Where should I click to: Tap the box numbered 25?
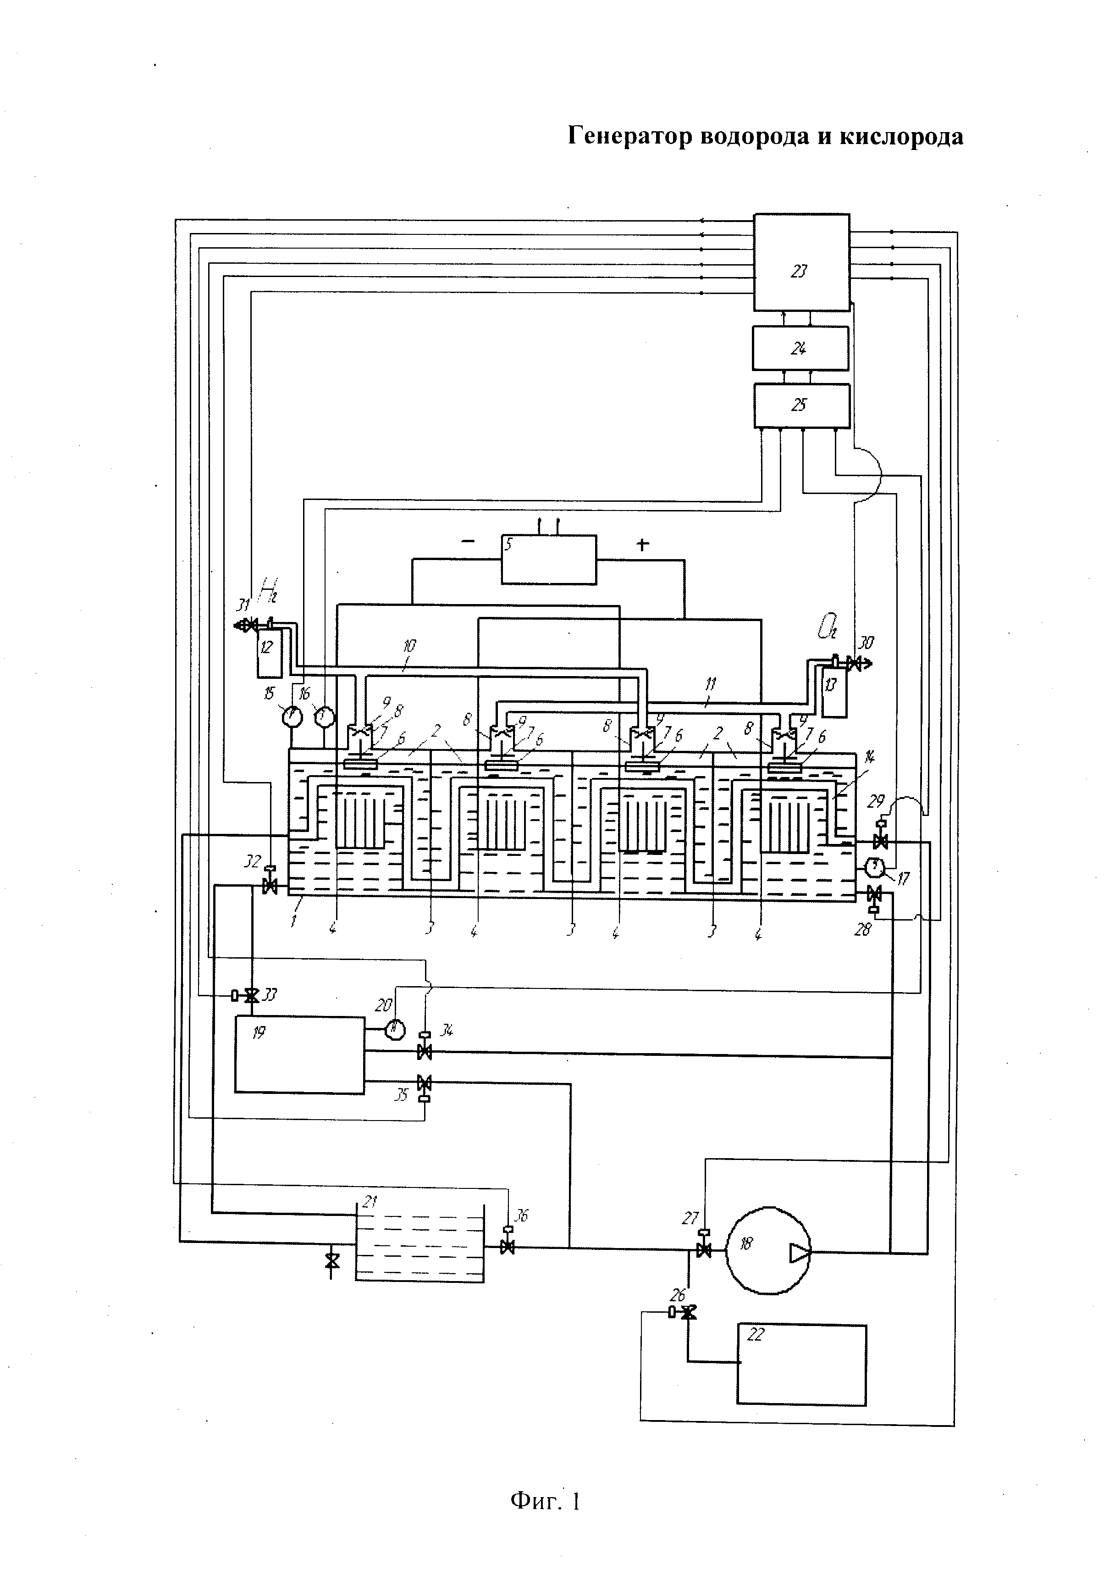[x=801, y=406]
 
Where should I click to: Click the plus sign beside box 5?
[x=642, y=544]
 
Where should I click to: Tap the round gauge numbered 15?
[x=292, y=717]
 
